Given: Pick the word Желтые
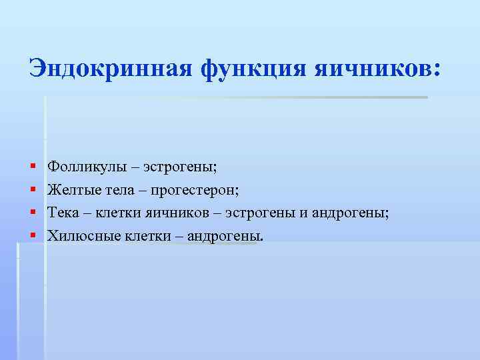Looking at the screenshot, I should point(71,190).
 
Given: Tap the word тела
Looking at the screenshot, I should point(119,190).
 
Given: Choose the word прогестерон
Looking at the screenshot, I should point(195,190).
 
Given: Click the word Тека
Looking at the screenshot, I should point(62,212).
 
